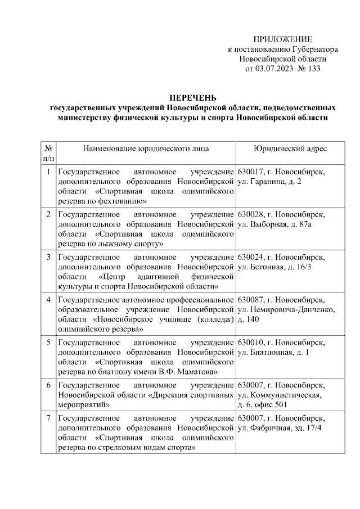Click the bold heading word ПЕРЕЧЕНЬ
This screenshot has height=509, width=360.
click(193, 97)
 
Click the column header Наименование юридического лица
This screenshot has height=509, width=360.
click(146, 148)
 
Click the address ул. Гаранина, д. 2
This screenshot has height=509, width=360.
click(270, 182)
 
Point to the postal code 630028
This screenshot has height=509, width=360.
click(251, 214)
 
